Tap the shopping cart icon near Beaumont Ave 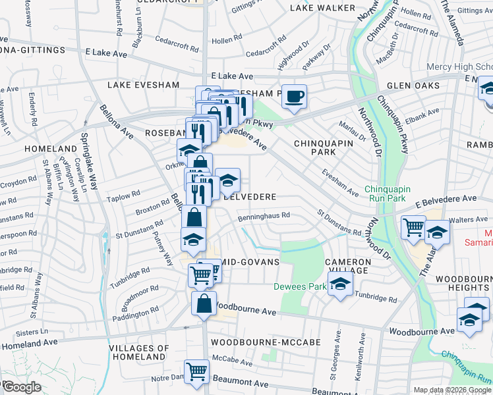pyautogui.click(x=196, y=372)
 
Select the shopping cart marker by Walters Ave pyautogui.click(x=413, y=228)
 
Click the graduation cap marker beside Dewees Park pyautogui.click(x=339, y=284)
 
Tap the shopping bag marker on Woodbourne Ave pyautogui.click(x=204, y=304)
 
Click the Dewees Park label pyautogui.click(x=291, y=286)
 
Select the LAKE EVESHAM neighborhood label pyautogui.click(x=143, y=85)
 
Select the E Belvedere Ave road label pyautogui.click(x=446, y=198)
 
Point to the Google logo pyautogui.click(x=22, y=387)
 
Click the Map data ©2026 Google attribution pyautogui.click(x=451, y=390)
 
